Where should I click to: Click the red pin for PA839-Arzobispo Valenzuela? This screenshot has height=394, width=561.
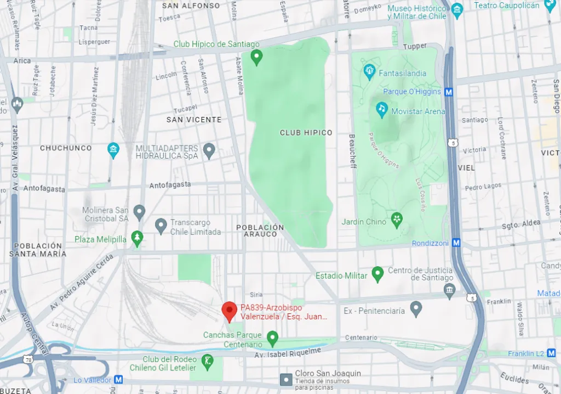tap(230, 311)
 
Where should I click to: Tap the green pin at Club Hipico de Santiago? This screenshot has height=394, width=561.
tap(256, 57)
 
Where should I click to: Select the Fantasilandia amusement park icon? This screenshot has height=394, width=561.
tap(369, 71)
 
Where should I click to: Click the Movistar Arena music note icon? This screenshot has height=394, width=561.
tap(382, 109)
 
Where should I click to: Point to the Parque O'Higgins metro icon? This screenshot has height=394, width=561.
tap(449, 92)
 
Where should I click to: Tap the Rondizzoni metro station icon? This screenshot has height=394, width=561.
tap(456, 243)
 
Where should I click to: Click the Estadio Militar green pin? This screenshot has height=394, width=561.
tap(377, 274)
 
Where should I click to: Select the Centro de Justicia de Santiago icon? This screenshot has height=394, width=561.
tap(450, 289)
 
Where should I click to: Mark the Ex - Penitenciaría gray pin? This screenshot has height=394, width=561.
tap(416, 308)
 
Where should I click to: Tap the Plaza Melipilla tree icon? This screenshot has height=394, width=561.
tap(137, 238)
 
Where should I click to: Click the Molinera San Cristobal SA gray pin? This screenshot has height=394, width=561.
tap(139, 211)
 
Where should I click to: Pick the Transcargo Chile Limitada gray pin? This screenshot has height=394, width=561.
tap(161, 224)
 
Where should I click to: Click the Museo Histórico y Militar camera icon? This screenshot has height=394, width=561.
tap(457, 9)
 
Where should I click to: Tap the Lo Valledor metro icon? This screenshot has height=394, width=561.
tap(118, 380)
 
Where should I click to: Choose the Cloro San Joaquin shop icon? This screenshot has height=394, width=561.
tap(285, 379)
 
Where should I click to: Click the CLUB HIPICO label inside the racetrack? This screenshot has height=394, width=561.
tap(306, 133)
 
